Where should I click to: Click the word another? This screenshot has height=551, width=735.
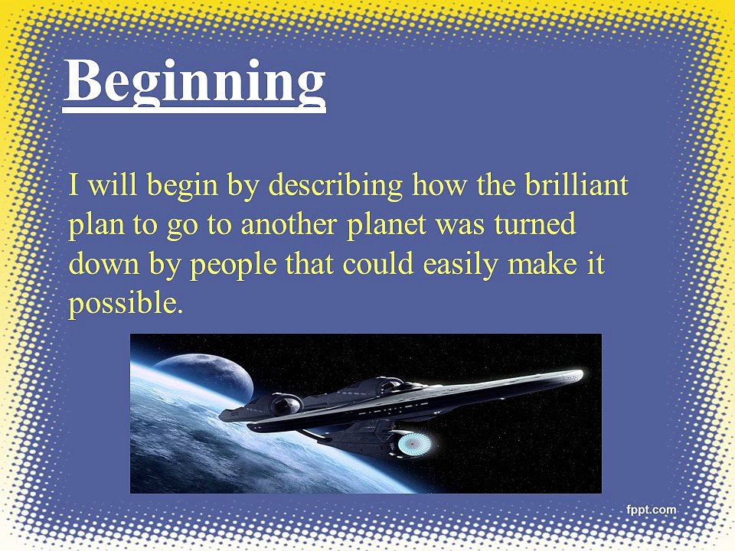pyautogui.click(x=289, y=224)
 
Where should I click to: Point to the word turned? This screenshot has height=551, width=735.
pyautogui.click(x=534, y=224)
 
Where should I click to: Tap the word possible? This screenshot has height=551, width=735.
pyautogui.click(x=125, y=305)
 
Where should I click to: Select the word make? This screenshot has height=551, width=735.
pyautogui.click(x=542, y=263)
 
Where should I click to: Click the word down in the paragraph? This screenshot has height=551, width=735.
pyautogui.click(x=104, y=263)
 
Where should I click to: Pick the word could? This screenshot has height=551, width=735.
pyautogui.click(x=377, y=263)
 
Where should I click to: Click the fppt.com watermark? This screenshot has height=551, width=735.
pyautogui.click(x=651, y=510)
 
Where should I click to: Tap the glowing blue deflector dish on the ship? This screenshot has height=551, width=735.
pyautogui.click(x=414, y=443)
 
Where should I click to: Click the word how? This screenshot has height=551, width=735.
pyautogui.click(x=439, y=184)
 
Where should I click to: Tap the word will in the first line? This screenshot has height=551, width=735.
pyautogui.click(x=113, y=184)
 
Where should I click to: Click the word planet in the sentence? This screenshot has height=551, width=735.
pyautogui.click(x=387, y=226)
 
